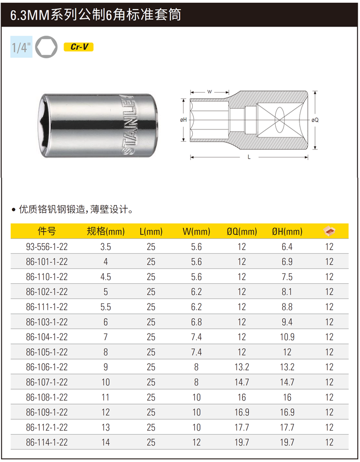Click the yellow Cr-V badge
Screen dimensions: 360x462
click(x=79, y=47)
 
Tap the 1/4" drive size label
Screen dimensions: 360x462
click(x=21, y=47)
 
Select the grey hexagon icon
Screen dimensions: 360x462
click(x=46, y=47)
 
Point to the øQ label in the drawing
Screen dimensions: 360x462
click(x=315, y=120)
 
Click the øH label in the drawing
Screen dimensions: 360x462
click(x=184, y=120)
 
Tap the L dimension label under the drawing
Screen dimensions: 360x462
click(x=249, y=157)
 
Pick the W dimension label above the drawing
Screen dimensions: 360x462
click(x=210, y=92)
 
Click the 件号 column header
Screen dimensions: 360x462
click(x=46, y=231)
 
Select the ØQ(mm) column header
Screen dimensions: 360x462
click(x=242, y=231)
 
